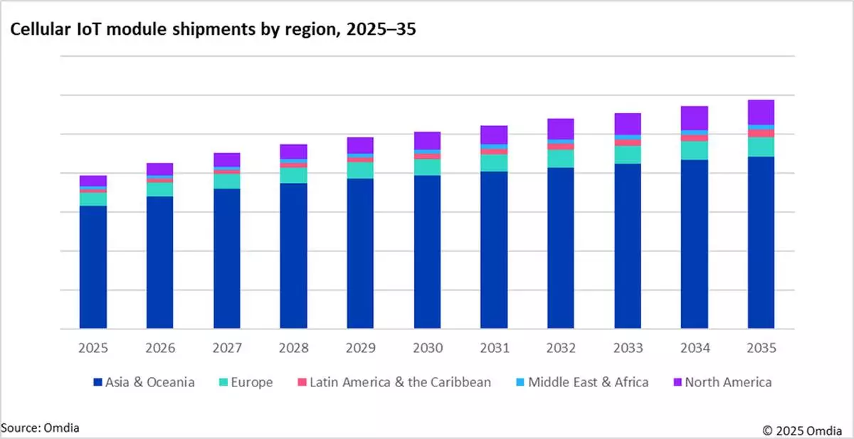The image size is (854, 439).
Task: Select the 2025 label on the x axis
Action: tap(93, 349)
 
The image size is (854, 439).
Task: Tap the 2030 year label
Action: tap(427, 349)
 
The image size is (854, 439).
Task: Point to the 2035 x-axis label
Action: tap(761, 349)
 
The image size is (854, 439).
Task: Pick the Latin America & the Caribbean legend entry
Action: tap(399, 382)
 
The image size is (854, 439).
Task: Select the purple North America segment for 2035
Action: tap(761, 112)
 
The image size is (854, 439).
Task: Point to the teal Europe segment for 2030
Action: tap(427, 167)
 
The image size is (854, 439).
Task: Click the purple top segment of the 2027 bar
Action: tap(227, 159)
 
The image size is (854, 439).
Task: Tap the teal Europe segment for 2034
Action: tap(695, 150)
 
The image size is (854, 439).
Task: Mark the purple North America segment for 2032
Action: tap(561, 129)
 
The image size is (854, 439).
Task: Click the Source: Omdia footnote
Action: tap(40, 427)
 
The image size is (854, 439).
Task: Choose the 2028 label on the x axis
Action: tap(293, 349)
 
